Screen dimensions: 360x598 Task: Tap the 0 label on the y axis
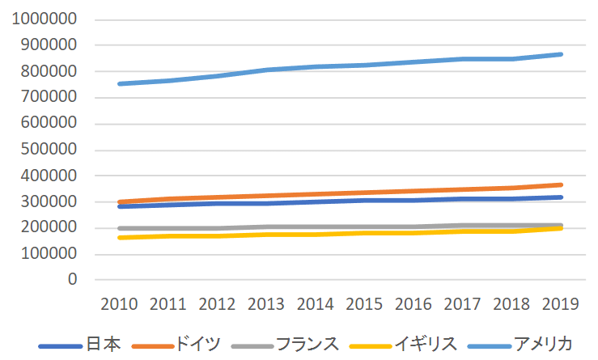tap(72, 280)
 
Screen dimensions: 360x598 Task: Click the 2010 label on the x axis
tap(119, 304)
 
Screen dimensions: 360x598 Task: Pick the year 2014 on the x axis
tap(316, 304)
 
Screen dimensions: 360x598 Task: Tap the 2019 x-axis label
tap(560, 304)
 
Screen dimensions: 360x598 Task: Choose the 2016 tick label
tap(414, 304)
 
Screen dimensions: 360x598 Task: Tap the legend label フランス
tap(307, 344)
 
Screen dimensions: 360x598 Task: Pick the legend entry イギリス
tap(426, 344)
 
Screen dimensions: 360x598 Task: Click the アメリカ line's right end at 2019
tap(560, 54)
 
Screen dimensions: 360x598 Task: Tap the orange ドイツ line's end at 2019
tap(560, 185)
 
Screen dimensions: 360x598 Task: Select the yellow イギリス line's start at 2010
tap(119, 238)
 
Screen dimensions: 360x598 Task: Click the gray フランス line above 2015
tap(364, 227)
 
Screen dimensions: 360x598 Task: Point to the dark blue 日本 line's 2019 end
tap(560, 197)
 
